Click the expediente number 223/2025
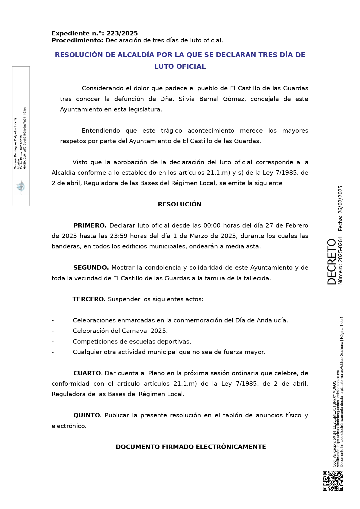tap(122, 33)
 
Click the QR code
tap(333, 481)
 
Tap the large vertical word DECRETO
tap(331, 261)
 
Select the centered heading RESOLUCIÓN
tap(180, 204)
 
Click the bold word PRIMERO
tap(90, 225)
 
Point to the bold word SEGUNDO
tap(91, 268)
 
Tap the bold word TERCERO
tap(89, 299)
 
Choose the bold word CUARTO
tap(87, 373)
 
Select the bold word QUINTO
tap(87, 415)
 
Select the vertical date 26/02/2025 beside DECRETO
tap(341, 201)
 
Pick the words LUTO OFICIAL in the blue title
tap(180, 66)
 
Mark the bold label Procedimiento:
tap(77, 40)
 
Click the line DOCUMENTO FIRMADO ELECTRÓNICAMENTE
tap(191, 447)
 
